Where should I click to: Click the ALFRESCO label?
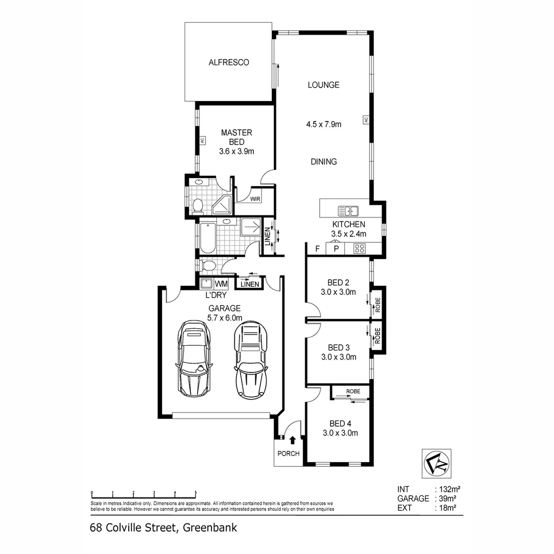coord(229,63)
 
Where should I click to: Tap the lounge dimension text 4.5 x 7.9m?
coord(324,124)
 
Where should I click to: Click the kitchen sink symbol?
coord(349,211)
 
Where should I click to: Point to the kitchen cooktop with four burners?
coord(360,249)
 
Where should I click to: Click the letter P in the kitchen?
coord(337,249)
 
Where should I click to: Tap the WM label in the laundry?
coord(221,284)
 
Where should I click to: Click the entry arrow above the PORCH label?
coord(292,440)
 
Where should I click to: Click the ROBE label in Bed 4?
coord(352,391)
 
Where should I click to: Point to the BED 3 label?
coord(338,347)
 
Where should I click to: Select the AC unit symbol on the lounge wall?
coord(366,120)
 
